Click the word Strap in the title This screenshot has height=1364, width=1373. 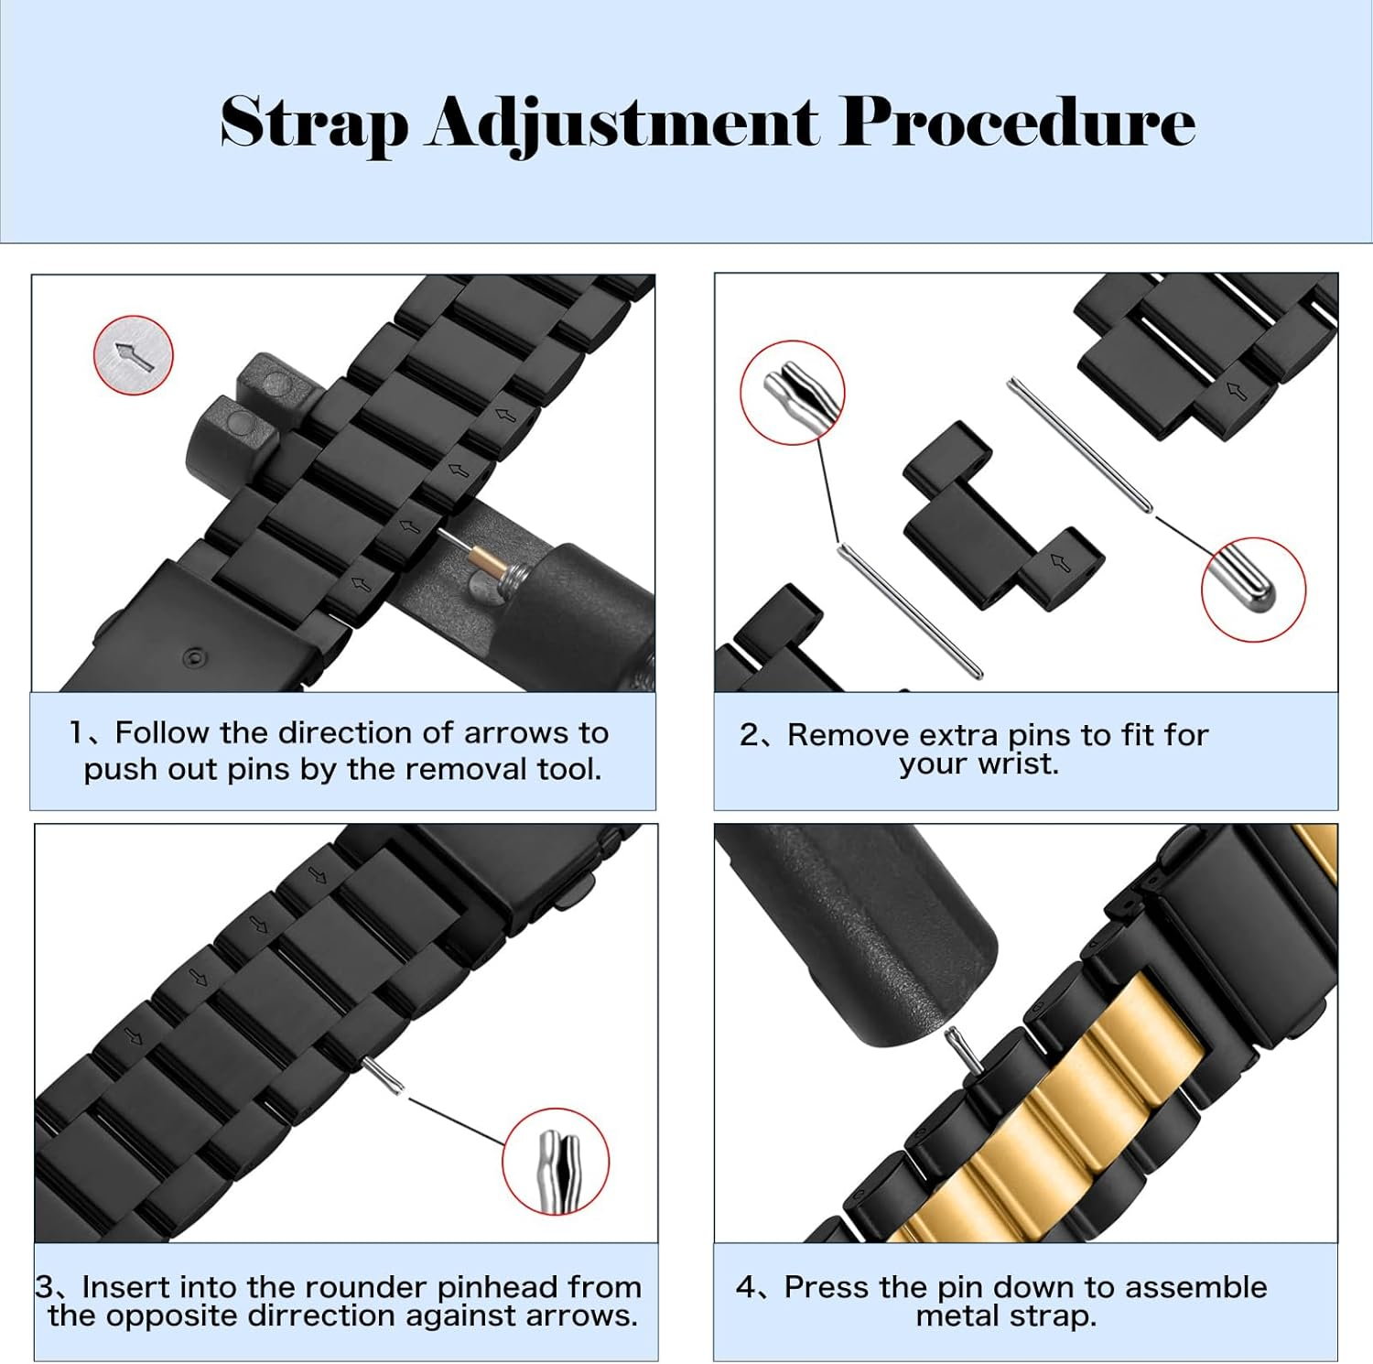coord(313,123)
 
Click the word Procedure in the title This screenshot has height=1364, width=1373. coord(1017,121)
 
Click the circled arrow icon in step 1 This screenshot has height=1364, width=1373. coord(134,355)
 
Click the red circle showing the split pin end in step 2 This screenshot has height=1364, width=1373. coord(793,393)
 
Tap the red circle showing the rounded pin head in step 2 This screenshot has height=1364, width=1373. coord(1253,590)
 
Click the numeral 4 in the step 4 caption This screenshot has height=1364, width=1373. coord(745,1287)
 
